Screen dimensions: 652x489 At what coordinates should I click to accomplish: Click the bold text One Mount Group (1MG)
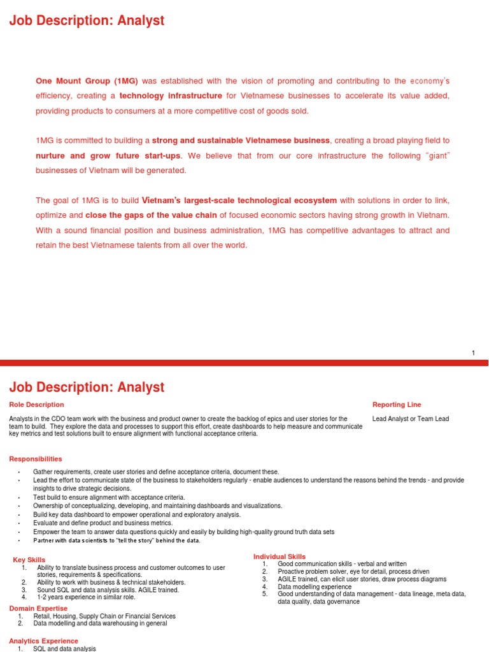87,81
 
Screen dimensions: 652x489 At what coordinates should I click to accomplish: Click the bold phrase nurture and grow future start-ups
108,155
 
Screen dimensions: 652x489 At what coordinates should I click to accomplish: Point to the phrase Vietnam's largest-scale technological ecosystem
239,201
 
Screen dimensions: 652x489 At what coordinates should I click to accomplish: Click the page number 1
473,353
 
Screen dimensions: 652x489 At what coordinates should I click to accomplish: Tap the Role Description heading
36,404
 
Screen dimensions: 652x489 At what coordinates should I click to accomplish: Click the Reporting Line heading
396,404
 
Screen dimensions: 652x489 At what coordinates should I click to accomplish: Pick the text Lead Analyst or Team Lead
410,418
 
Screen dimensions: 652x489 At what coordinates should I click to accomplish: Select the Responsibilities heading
36,458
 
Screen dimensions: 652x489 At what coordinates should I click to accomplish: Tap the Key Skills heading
29,560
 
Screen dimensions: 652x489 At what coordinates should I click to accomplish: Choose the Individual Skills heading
280,556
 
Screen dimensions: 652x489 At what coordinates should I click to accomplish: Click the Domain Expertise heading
38,609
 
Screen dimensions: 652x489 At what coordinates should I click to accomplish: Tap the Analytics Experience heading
44,641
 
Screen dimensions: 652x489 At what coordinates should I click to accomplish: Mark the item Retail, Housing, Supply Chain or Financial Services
104,616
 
